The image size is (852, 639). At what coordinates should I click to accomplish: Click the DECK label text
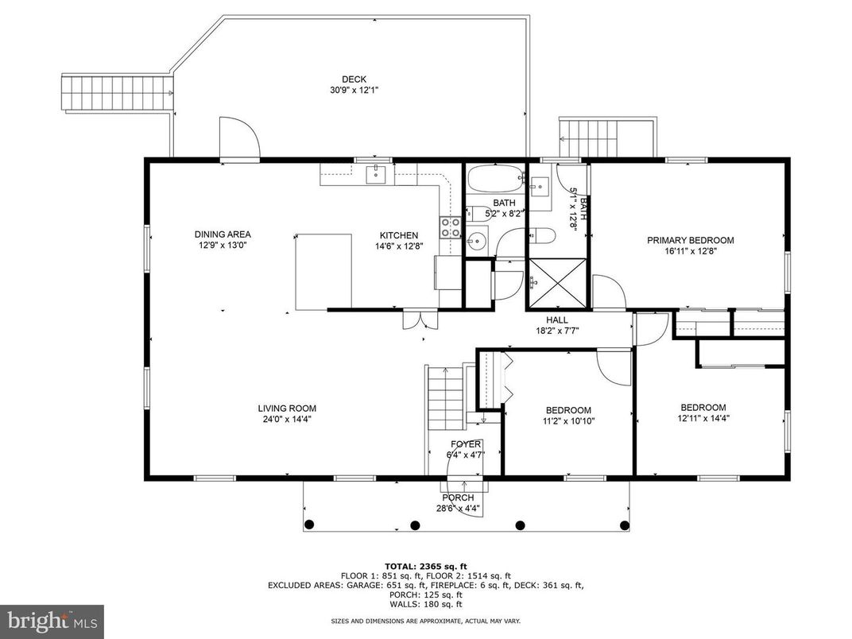[354, 79]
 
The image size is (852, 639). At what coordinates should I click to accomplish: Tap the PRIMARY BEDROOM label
[690, 240]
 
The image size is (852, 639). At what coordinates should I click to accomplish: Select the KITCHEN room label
[398, 235]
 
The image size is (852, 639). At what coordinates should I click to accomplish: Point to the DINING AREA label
[223, 234]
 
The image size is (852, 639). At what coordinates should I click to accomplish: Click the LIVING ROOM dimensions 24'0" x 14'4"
[286, 420]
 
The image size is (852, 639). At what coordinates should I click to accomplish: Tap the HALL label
[556, 319]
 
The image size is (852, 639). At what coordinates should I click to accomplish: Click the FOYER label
[466, 444]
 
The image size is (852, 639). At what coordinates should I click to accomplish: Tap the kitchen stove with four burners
[451, 227]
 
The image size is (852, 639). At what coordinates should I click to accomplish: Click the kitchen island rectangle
[324, 271]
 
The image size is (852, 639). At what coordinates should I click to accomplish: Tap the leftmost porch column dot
[310, 524]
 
